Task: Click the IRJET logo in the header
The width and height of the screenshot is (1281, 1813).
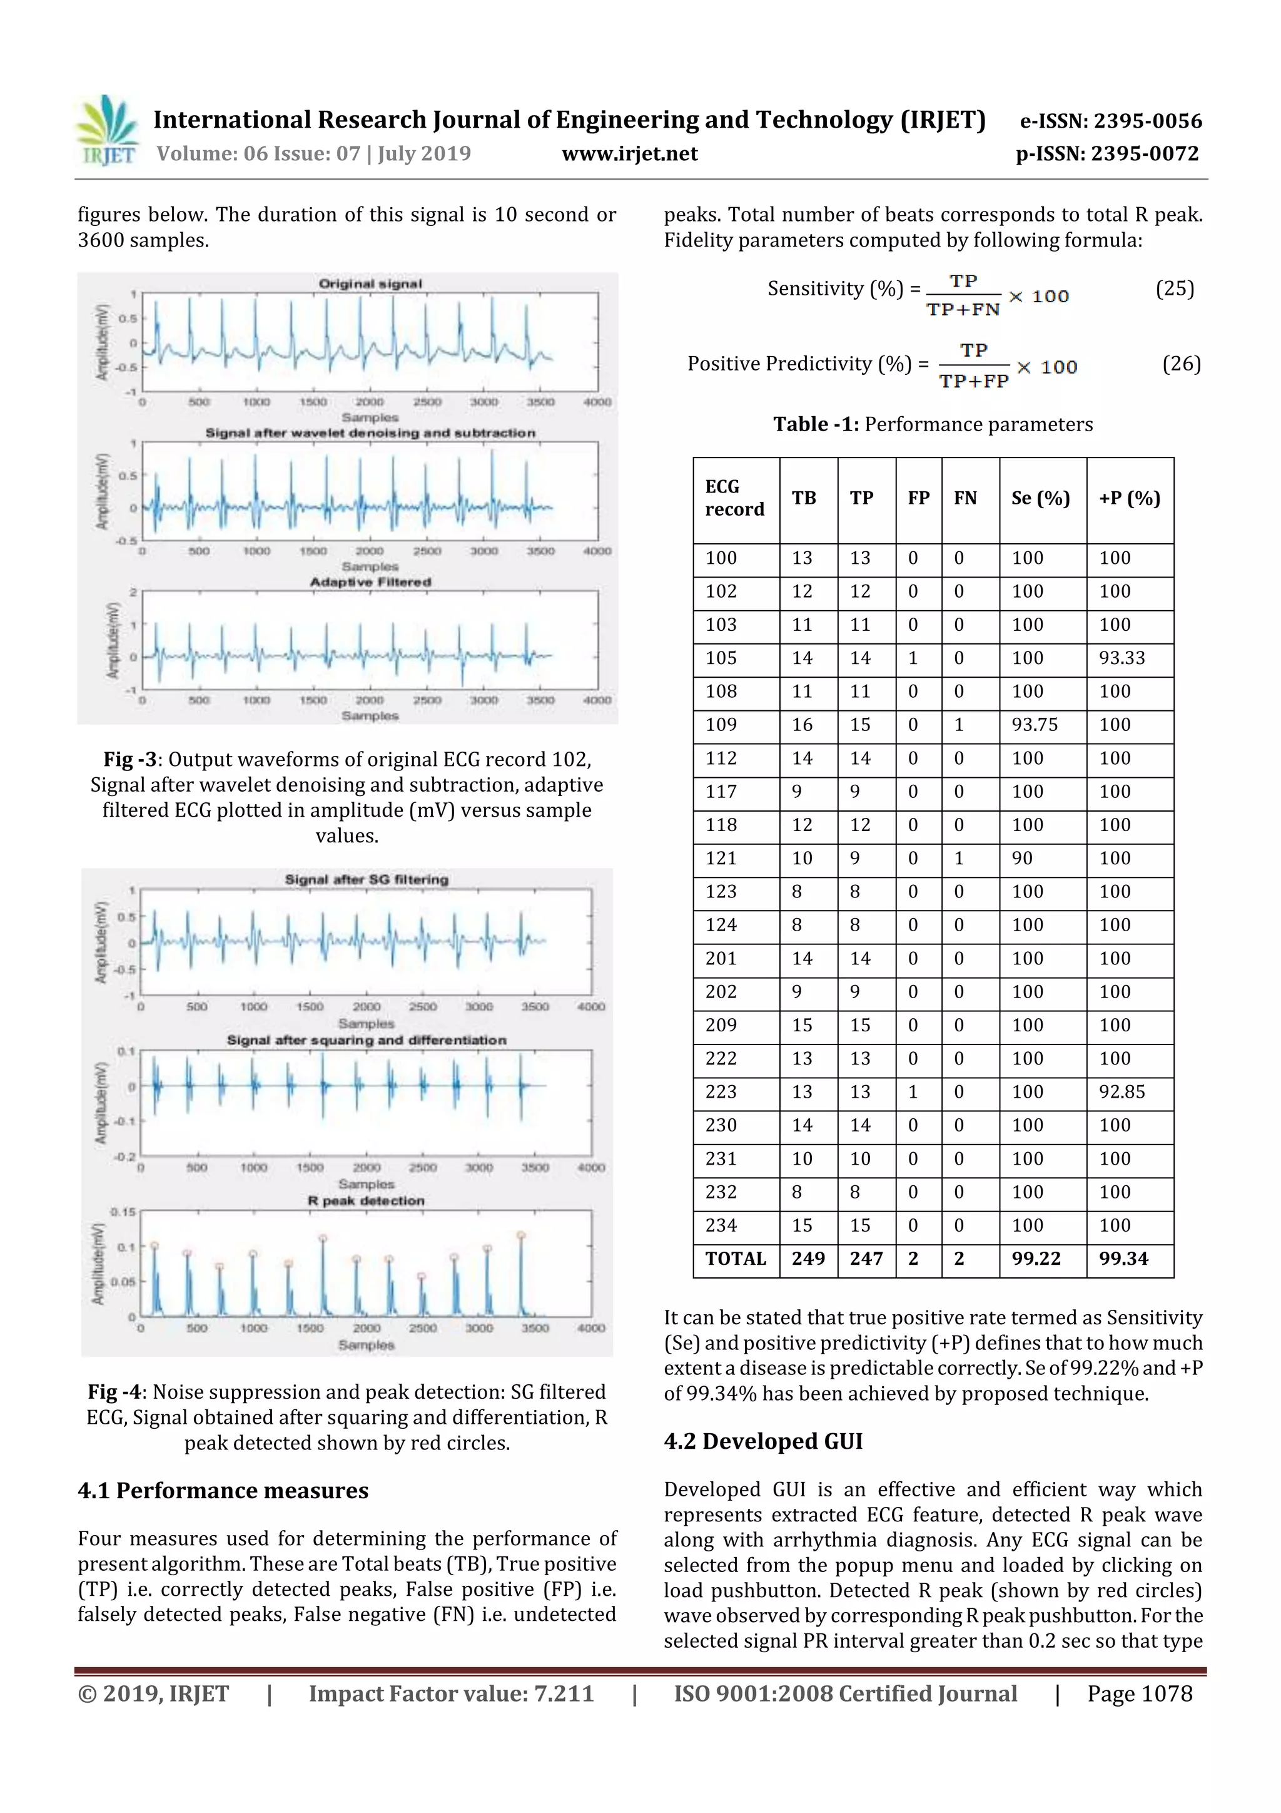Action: pos(106,131)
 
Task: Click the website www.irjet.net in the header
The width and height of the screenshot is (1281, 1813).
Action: pos(629,154)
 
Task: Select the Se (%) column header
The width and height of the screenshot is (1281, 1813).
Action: pos(1040,498)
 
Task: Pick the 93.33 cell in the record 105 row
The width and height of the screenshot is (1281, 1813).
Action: pos(1122,658)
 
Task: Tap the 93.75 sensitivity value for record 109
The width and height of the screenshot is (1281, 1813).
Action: pos(1034,725)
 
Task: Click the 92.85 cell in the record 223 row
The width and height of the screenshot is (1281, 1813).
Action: pos(1122,1092)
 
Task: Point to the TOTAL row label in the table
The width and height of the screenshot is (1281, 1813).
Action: pos(735,1259)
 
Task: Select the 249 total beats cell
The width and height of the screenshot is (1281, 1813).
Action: pos(808,1259)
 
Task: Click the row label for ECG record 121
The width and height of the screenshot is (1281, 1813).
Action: pos(721,859)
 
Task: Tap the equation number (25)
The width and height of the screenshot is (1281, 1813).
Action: pos(1173,289)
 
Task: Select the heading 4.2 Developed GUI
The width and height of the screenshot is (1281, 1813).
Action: pos(762,1441)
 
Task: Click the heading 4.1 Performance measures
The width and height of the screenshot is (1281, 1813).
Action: pos(223,1491)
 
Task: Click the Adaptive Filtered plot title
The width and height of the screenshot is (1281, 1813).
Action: pos(370,583)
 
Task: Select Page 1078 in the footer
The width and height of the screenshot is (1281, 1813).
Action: pos(1139,1693)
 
